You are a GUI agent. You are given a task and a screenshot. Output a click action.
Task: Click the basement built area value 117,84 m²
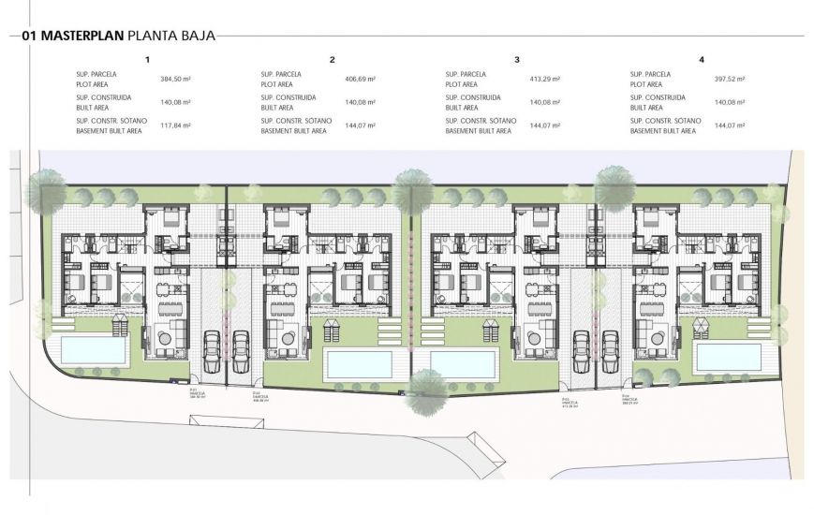tap(175, 125)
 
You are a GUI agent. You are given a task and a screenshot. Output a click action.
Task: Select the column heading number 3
tap(517, 60)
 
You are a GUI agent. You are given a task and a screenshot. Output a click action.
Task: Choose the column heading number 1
tap(147, 60)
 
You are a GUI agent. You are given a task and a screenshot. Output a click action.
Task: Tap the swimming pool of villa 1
tap(95, 352)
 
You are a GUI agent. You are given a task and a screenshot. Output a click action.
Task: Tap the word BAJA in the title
tap(198, 37)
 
